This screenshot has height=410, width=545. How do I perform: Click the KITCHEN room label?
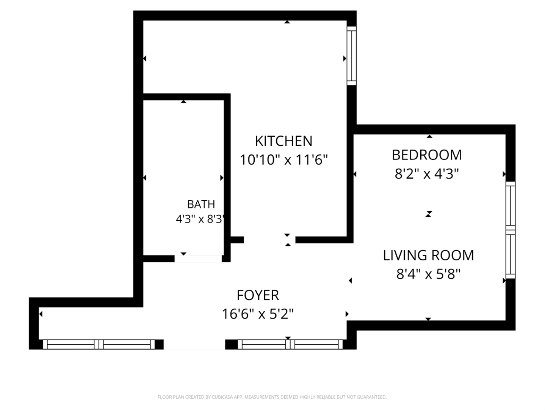(283, 141)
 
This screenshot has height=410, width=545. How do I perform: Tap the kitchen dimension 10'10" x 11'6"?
(284, 159)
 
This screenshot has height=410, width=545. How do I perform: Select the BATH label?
(201, 204)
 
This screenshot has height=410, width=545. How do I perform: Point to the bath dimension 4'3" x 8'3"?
(200, 219)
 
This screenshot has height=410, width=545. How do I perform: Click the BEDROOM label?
(427, 155)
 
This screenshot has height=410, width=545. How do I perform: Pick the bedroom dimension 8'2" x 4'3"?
(427, 173)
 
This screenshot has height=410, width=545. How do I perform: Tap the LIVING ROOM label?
(429, 255)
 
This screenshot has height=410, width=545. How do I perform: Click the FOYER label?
(258, 295)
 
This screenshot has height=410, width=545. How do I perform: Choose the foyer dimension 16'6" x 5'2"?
(258, 314)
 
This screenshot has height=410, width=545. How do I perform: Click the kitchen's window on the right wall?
(352, 56)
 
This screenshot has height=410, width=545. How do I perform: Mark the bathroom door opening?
(198, 259)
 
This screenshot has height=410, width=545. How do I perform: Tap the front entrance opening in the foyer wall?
(194, 344)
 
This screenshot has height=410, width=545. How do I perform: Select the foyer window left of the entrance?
(99, 344)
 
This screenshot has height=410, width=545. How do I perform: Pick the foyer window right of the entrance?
(290, 344)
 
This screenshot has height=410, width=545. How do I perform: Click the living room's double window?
(511, 230)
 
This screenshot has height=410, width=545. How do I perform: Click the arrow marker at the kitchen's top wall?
(287, 22)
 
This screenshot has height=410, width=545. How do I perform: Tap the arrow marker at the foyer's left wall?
(41, 314)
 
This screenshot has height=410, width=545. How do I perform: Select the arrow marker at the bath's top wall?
(183, 101)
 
